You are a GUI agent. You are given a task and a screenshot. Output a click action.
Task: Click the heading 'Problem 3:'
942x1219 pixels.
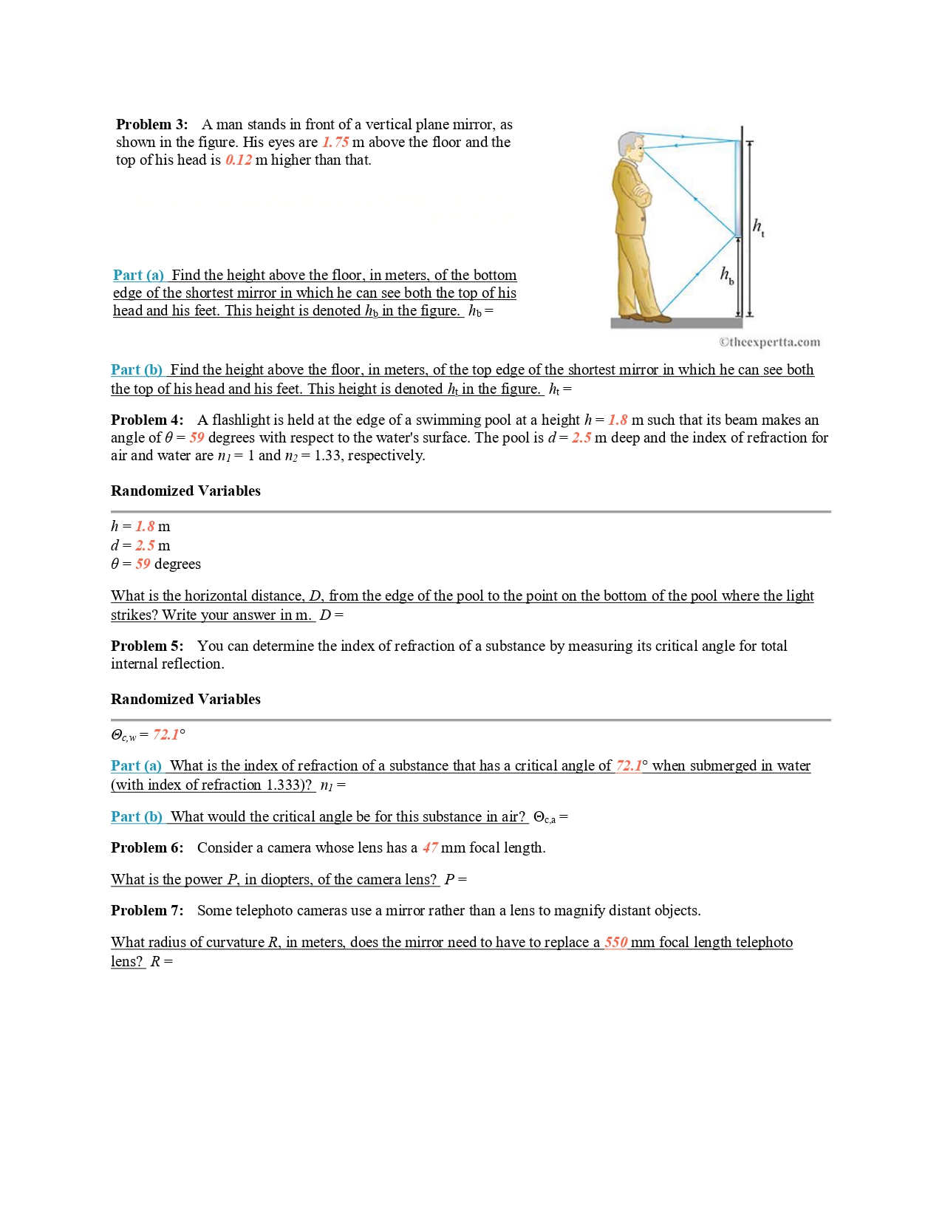point(151,124)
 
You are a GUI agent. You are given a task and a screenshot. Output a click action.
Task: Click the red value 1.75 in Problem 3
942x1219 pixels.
point(335,142)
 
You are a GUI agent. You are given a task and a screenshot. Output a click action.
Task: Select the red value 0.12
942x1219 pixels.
point(238,160)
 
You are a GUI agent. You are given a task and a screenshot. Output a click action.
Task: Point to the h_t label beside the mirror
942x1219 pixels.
point(758,227)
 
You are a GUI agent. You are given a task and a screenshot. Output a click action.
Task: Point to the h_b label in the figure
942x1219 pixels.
point(727,276)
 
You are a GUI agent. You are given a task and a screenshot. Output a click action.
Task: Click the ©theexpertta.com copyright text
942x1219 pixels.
point(769,342)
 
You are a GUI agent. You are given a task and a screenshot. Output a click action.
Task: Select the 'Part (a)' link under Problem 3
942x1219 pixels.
point(138,275)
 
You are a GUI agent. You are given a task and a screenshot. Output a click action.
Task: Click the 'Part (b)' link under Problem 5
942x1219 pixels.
point(137,816)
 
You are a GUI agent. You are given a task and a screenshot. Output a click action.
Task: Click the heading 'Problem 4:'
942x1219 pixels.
point(147,420)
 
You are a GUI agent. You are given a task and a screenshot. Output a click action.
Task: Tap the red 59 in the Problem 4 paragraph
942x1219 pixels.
point(197,437)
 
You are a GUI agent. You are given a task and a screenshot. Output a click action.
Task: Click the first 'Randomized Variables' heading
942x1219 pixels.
point(185,491)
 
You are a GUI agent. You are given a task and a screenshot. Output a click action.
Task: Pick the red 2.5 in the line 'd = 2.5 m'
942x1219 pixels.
point(145,545)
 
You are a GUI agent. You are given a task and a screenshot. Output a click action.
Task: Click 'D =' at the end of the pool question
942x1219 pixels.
point(331,615)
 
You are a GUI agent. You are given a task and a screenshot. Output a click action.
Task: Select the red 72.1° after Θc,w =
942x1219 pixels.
point(168,734)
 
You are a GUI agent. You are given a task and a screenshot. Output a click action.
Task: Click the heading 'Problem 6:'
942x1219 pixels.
point(147,847)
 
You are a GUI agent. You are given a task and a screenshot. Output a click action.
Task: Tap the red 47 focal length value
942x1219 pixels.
point(430,847)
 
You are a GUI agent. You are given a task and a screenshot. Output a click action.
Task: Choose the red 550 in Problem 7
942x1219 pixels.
point(615,942)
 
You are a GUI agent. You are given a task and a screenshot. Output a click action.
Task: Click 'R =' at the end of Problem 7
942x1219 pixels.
point(161,961)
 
